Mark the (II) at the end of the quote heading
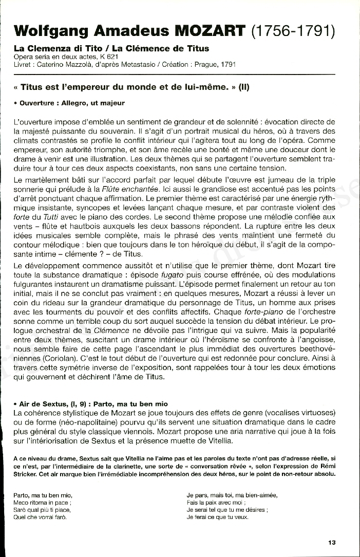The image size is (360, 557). [x=242, y=87]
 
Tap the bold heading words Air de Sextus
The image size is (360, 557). [x=40, y=404]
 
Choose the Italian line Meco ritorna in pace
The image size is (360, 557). [x=42, y=503]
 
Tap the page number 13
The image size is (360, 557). [x=332, y=543]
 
